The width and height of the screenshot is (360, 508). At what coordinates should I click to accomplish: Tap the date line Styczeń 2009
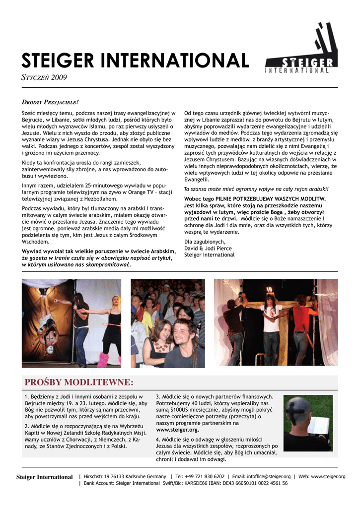[44, 77]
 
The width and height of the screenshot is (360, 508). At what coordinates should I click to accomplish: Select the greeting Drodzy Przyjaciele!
[50, 102]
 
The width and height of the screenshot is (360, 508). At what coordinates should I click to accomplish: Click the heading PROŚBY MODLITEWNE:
[79, 382]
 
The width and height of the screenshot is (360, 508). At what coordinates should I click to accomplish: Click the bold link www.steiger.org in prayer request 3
[177, 430]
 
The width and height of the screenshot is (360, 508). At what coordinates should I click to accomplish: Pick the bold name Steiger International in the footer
[44, 477]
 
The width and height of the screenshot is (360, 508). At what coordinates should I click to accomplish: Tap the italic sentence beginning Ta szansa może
[256, 189]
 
